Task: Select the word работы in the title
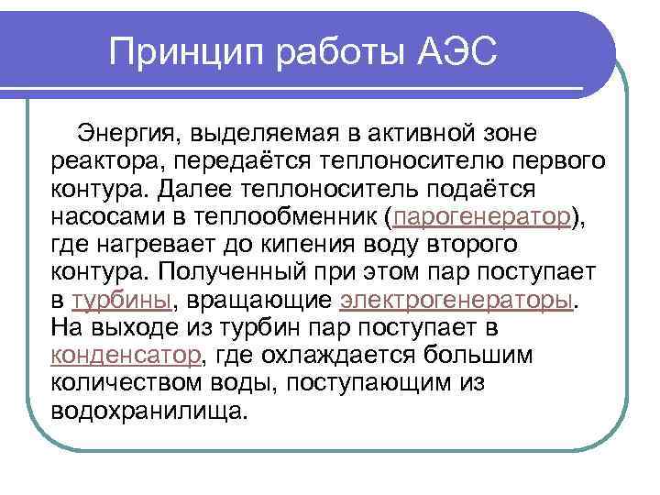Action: point(321,53)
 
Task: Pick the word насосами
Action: point(107,217)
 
